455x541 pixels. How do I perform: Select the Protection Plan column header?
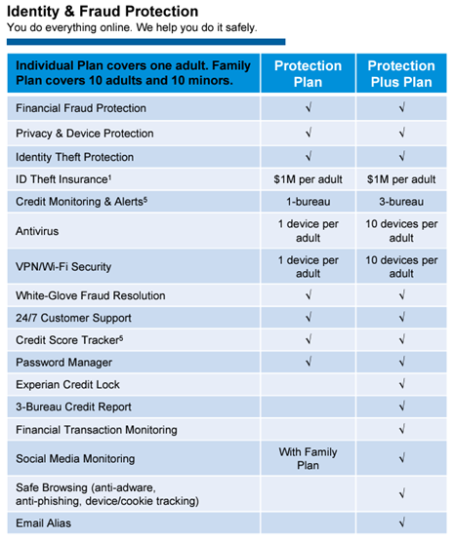pos(308,74)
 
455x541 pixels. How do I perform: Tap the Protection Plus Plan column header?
pos(401,74)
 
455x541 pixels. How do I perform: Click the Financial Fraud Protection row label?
pos(81,108)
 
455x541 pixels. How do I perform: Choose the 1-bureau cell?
pos(308,202)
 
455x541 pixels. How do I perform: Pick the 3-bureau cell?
pos(401,202)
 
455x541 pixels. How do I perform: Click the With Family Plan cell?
pos(308,458)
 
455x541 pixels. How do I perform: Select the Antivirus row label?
pos(38,231)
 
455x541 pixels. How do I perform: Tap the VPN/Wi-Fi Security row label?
pos(63,266)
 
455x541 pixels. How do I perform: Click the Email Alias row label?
pos(44,523)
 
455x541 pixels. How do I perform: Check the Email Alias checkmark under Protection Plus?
pos(401,523)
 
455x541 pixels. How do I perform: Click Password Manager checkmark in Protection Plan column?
pos(308,363)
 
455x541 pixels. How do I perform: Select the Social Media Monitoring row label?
pos(81,458)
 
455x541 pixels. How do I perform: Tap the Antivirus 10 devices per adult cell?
pos(401,231)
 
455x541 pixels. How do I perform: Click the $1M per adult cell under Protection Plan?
pos(308,179)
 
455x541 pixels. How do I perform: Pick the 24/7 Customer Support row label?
pos(73,318)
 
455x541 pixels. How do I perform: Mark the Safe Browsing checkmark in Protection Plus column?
pos(401,494)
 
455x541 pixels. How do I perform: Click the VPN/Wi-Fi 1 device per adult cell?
pos(308,266)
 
